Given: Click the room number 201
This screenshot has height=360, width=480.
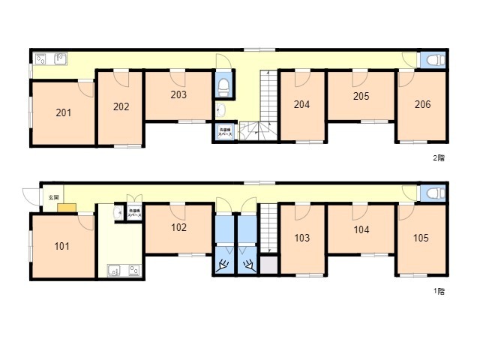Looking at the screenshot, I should pyautogui.click(x=64, y=113).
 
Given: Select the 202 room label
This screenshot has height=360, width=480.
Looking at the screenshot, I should pyautogui.click(x=121, y=106).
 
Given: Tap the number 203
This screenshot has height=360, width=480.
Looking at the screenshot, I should pyautogui.click(x=178, y=95).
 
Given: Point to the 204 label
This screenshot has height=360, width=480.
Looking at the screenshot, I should pyautogui.click(x=301, y=105).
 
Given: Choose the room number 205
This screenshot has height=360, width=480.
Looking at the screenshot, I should pyautogui.click(x=361, y=96).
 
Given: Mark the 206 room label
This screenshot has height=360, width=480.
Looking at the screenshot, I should pyautogui.click(x=422, y=105).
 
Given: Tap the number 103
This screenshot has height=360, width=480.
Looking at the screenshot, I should pyautogui.click(x=301, y=238).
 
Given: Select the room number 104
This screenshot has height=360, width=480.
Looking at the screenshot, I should pyautogui.click(x=361, y=230).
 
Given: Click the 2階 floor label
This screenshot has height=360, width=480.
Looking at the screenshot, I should pyautogui.click(x=439, y=158).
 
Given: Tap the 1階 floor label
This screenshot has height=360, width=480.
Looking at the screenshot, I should pyautogui.click(x=439, y=291).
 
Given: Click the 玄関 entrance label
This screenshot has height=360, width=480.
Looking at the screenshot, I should pyautogui.click(x=53, y=196).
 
